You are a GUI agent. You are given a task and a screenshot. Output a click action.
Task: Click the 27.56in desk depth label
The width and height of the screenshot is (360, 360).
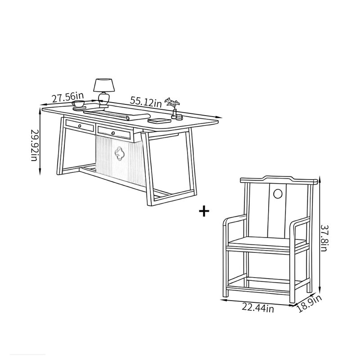coord(68,97)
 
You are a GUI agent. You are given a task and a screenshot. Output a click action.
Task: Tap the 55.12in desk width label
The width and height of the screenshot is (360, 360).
coord(146,102)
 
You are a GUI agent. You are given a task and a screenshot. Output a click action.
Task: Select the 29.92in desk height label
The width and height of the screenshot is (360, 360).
coord(34,145)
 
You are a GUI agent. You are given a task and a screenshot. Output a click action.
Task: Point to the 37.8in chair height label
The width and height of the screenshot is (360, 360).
coord(324,238)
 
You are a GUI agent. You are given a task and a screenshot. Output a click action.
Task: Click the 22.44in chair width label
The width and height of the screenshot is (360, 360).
coord(258,308)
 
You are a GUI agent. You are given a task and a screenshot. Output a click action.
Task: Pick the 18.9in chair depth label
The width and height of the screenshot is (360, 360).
coord(309,304)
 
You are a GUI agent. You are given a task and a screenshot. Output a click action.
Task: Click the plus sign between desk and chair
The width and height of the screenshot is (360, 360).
coord(204,211)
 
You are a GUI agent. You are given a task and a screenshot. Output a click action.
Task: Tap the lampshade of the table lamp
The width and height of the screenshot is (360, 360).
coord(104,85)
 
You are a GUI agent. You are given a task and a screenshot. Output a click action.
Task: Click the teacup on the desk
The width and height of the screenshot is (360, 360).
coord(78,103)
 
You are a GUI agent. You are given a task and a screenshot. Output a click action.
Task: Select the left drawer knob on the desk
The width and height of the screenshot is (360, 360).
coord(80,126)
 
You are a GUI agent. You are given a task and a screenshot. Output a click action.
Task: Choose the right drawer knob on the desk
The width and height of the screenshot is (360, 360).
coord(113,133)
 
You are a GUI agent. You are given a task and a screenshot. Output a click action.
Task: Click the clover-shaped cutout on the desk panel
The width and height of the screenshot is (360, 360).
coord(119,153)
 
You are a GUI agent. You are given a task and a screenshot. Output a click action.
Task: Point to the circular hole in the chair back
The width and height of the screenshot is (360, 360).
coord(278,194)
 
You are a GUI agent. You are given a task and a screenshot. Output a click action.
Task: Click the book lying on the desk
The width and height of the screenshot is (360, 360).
coord(159,121)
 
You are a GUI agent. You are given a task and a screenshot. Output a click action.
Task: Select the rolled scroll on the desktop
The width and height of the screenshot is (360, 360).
coord(117,114)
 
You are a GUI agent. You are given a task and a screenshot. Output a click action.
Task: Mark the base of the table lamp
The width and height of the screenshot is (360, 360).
coord(103,106)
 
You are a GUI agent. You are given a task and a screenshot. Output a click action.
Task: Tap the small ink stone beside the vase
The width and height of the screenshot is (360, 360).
coord(179,118)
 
